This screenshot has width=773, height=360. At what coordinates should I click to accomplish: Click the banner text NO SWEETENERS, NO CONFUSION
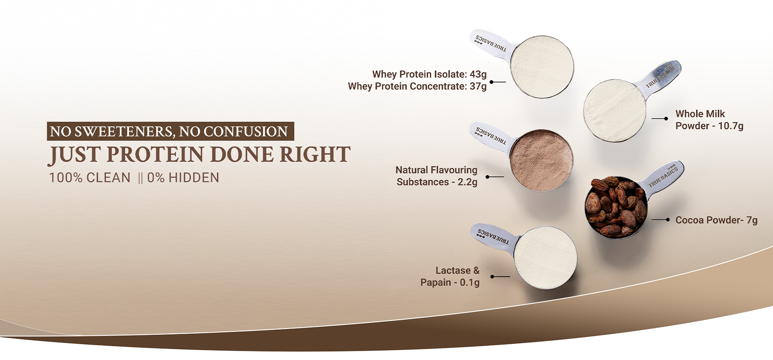point(169,132)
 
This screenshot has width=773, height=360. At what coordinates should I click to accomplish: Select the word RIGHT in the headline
point(315,155)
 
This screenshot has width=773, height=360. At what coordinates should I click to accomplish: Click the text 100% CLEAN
point(90,178)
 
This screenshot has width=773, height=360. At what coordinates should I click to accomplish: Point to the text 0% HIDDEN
point(183,178)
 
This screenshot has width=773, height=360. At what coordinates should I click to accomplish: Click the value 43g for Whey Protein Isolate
point(478,74)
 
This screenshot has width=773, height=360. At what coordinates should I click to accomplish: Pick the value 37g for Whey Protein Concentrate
point(478,87)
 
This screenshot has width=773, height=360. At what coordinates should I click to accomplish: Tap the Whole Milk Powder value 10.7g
point(731,126)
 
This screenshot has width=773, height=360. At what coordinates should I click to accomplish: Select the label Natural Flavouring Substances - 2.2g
point(437,176)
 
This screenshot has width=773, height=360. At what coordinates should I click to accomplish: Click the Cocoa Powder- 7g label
point(717,220)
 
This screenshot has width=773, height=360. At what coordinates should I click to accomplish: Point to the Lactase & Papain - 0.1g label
point(450,276)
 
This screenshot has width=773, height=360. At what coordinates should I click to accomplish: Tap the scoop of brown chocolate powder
point(542,160)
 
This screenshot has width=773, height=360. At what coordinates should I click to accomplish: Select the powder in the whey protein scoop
point(542,67)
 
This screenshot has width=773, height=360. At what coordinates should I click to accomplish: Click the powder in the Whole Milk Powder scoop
point(615,110)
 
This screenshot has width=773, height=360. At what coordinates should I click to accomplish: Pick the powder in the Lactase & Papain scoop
point(546,258)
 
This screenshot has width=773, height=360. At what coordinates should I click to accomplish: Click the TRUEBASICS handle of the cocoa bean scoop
point(663,177)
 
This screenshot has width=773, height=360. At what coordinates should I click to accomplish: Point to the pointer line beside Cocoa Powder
point(661,220)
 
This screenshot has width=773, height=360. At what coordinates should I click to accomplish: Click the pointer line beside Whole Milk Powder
point(660,119)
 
